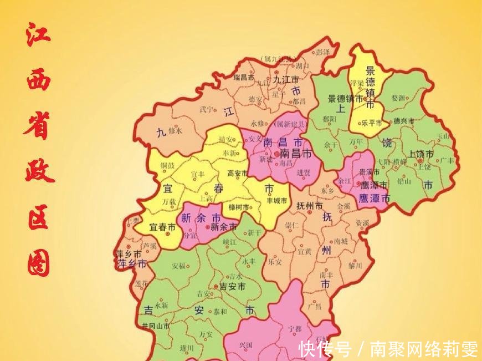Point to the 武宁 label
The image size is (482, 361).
pos(206,109)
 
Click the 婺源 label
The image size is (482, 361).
pos(398,98)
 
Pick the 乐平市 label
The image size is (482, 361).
pos(372,123)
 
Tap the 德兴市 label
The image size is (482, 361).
pos(403,120)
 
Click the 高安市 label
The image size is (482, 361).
pos(237,173)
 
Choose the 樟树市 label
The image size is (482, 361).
pos(240,207)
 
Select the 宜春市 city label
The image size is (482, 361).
pos(162,227)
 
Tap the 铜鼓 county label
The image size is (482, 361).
pos(167,165)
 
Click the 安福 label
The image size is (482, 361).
pos(179,266)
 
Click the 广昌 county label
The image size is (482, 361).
pos(314,306)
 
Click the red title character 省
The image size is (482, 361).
pos(38,127)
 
